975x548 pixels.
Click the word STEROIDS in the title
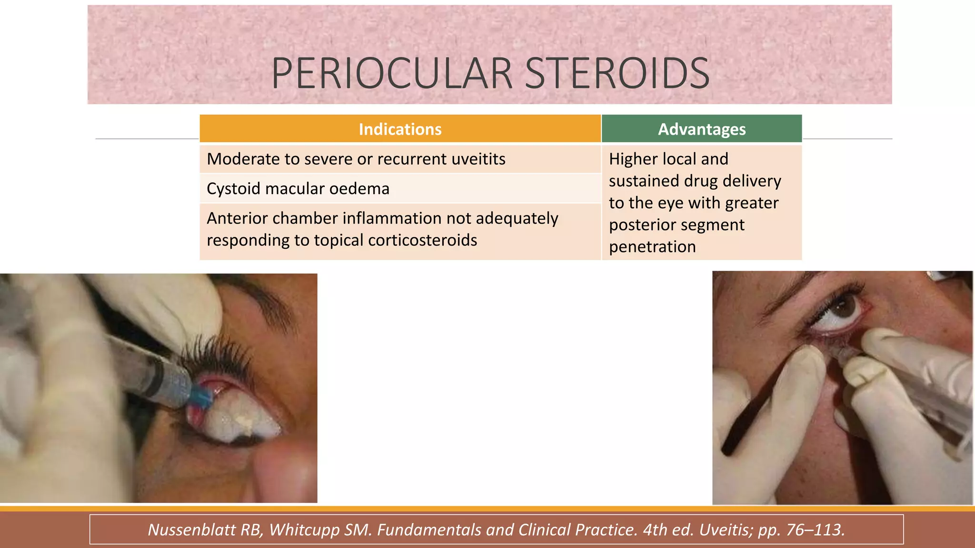point(617,74)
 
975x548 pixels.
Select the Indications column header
point(400,129)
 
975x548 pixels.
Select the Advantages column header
point(702,129)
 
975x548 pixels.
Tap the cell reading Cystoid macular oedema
point(298,189)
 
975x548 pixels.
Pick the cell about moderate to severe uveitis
point(356,159)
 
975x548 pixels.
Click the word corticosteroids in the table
point(422,240)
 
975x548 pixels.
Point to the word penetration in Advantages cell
point(652,247)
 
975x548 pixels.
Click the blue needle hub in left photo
point(200,398)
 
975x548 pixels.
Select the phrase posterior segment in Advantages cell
point(677,225)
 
